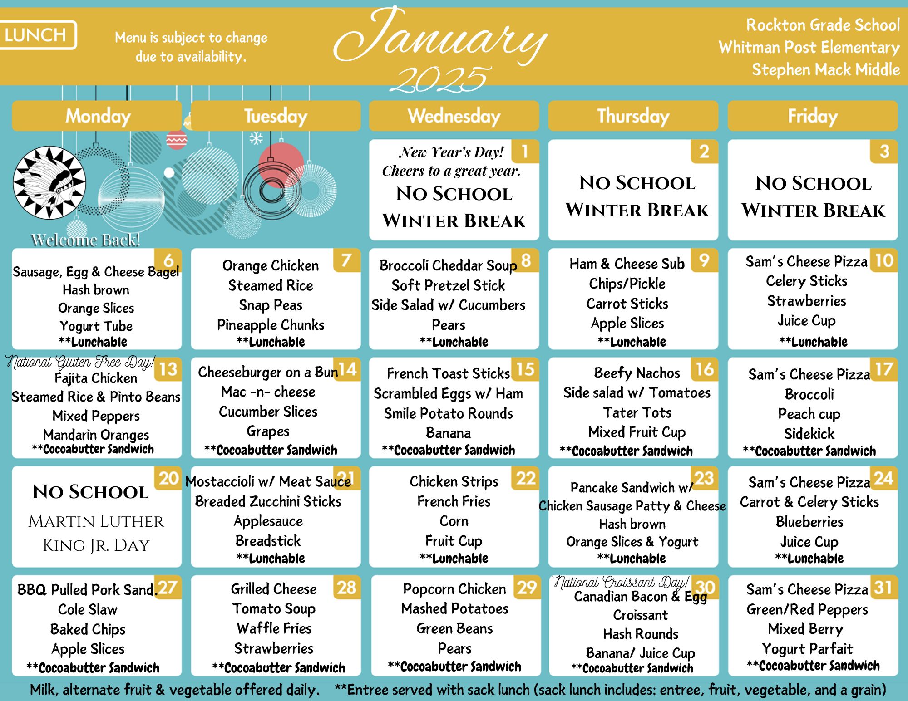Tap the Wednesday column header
[454, 116]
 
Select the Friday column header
[813, 116]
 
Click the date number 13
[168, 369]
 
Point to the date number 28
[346, 588]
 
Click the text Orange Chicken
[271, 266]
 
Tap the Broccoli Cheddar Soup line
[448, 265]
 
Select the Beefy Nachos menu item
[637, 373]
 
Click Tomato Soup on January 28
[274, 609]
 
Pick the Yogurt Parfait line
[807, 649]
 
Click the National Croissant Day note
[621, 582]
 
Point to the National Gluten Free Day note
[80, 362]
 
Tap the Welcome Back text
[85, 240]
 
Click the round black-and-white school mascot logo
[49, 182]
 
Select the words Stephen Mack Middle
[826, 70]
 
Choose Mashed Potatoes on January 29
[454, 608]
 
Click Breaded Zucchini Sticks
[268, 501]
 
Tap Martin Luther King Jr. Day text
[96, 533]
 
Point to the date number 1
[524, 151]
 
